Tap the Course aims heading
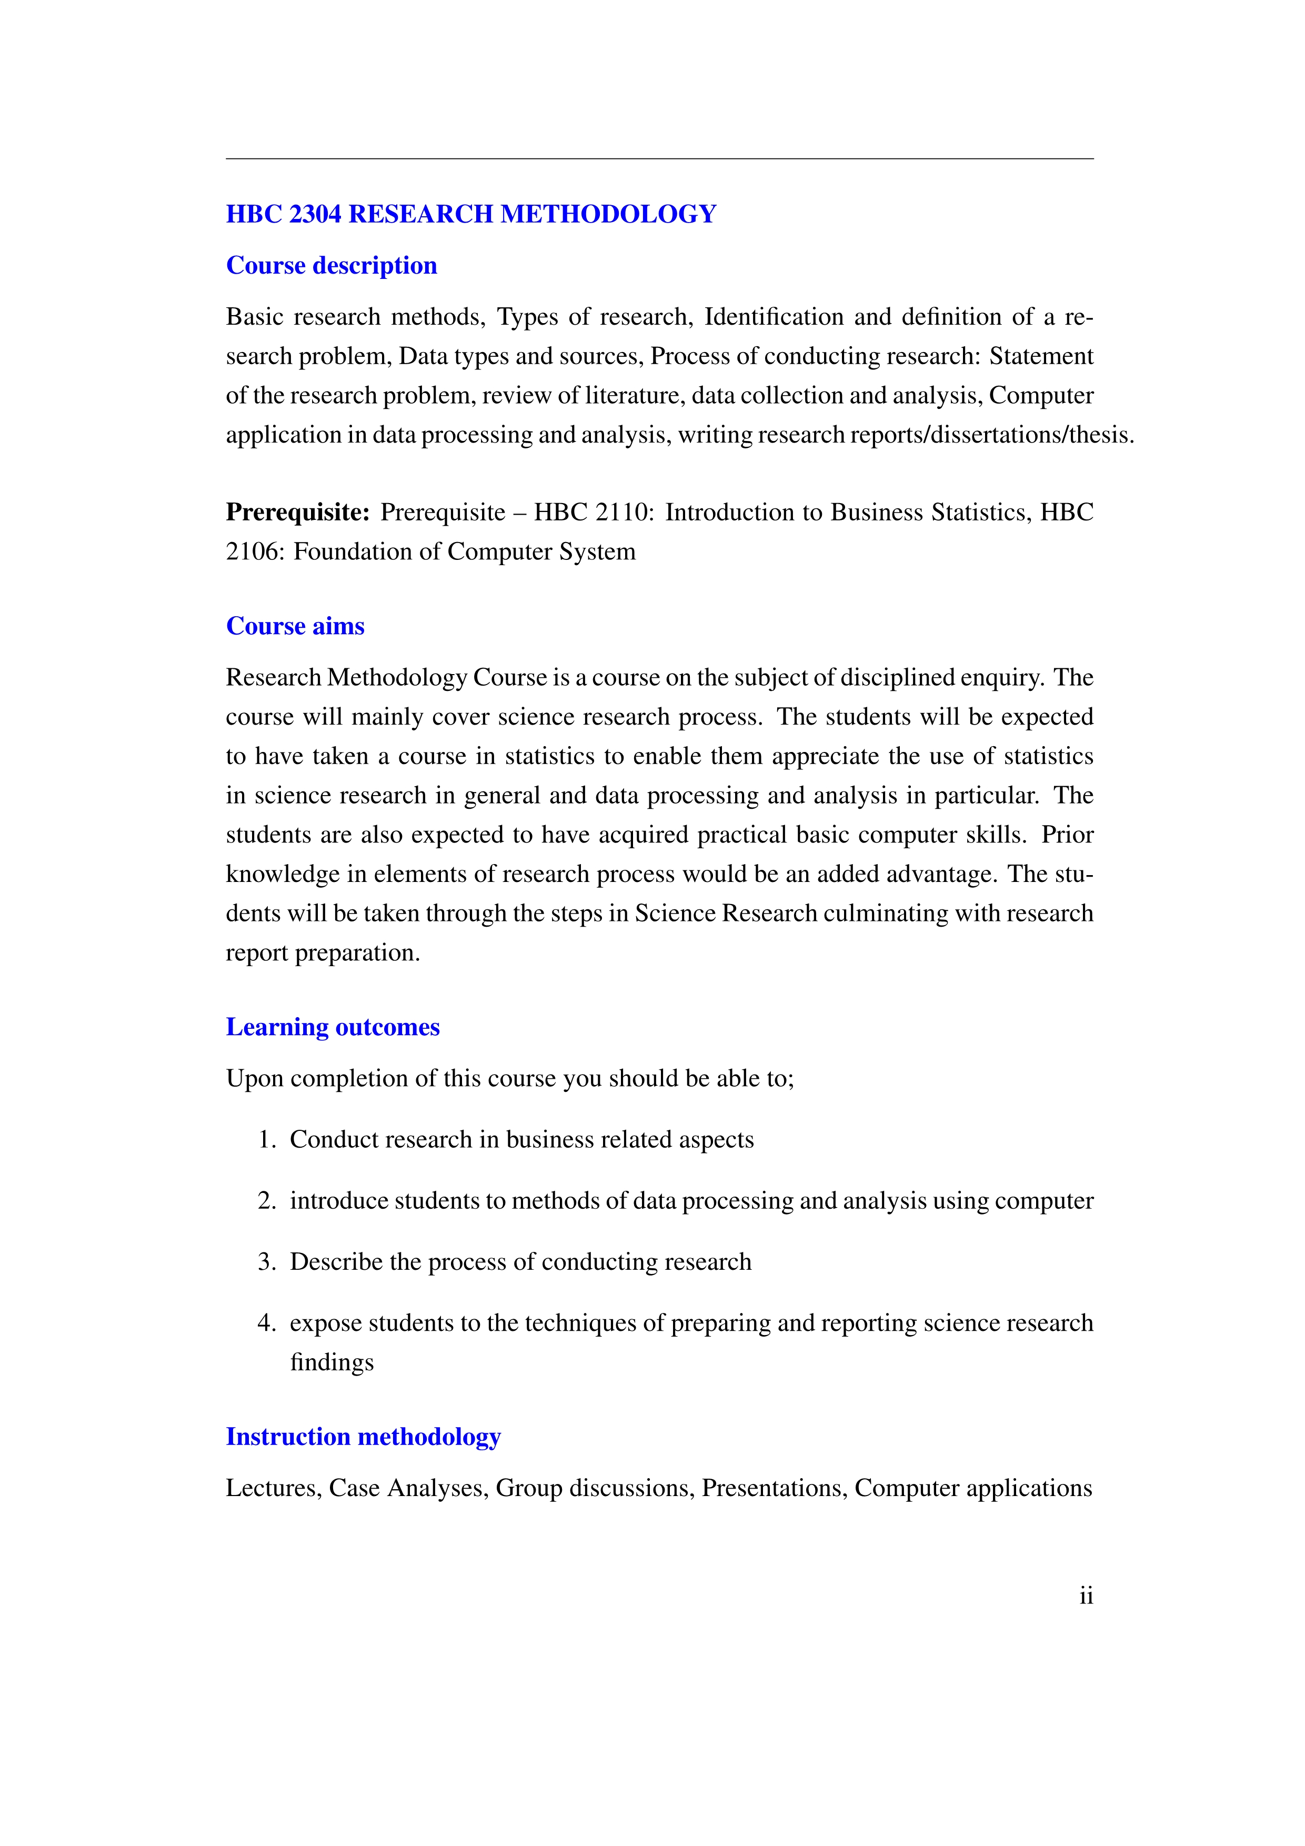point(295,626)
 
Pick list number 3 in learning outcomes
point(266,1261)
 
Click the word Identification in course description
point(774,317)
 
